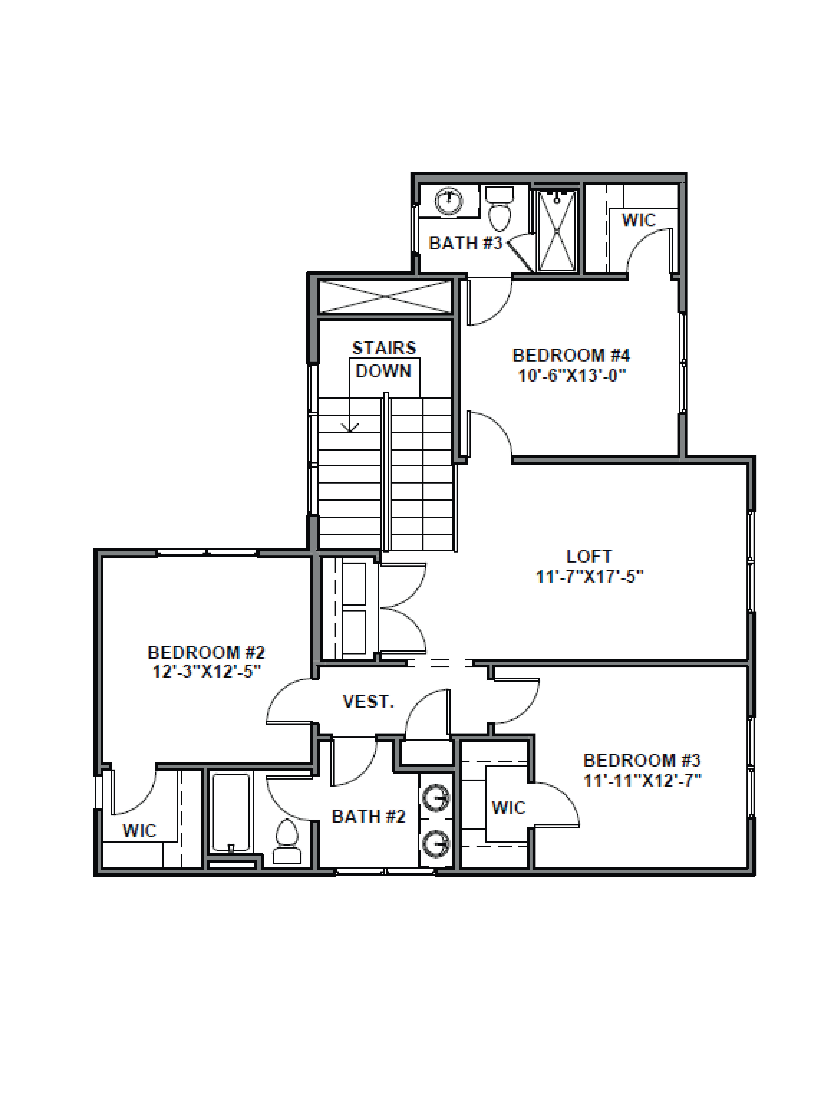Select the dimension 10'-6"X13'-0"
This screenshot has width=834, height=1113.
point(572,375)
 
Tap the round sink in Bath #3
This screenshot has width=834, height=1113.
point(448,201)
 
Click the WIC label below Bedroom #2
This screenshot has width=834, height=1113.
point(139,830)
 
